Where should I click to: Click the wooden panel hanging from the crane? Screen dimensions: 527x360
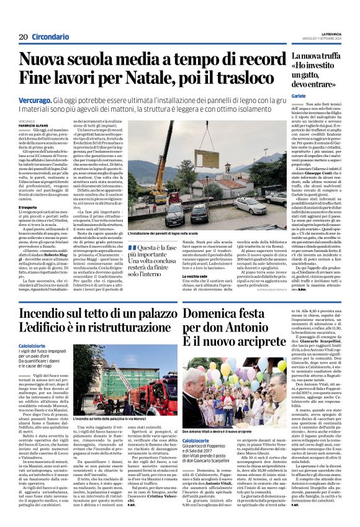172,180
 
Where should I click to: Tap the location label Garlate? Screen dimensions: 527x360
300,97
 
